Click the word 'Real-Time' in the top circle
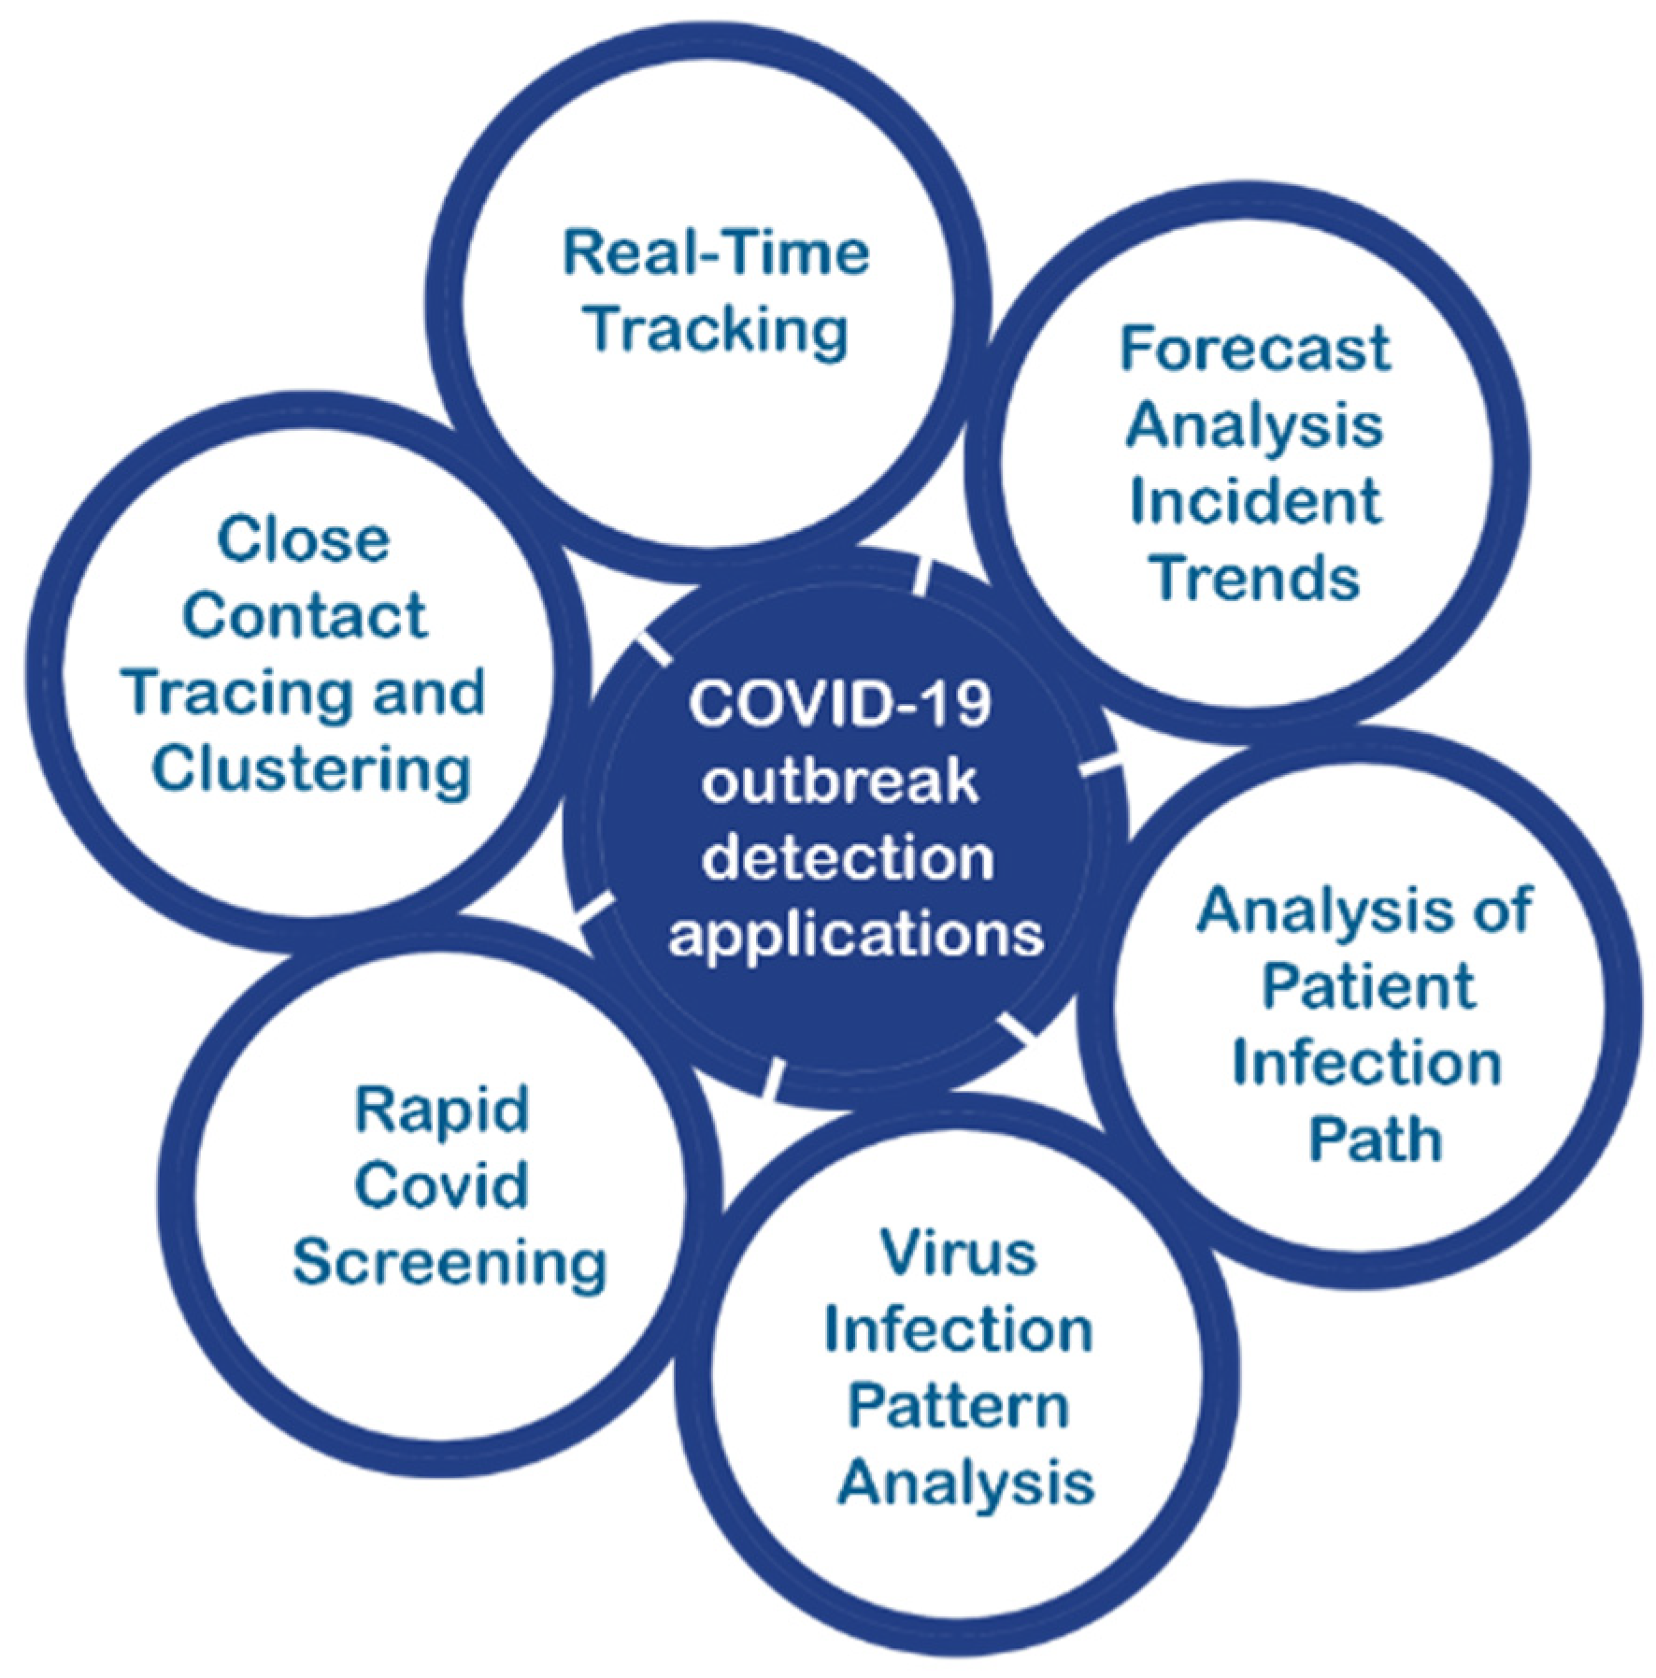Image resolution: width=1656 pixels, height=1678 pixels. pos(716,253)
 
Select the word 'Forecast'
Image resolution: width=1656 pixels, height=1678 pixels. pos(1255,349)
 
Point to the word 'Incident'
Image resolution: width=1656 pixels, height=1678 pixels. pos(1255,501)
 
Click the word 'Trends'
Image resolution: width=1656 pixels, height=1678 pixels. pos(1255,578)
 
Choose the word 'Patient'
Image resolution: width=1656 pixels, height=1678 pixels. pos(1368,986)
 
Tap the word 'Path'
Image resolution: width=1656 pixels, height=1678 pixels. pos(1375,1139)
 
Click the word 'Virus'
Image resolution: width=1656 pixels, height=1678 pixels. pos(959,1253)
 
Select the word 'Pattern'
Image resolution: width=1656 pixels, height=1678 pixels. pos(959,1405)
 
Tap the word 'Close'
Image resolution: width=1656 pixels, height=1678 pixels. pos(304,539)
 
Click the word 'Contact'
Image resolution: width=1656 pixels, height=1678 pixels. pos(305,616)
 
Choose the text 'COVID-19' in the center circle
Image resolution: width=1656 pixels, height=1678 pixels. pos(839,703)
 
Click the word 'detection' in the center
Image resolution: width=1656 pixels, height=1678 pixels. pos(848,856)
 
